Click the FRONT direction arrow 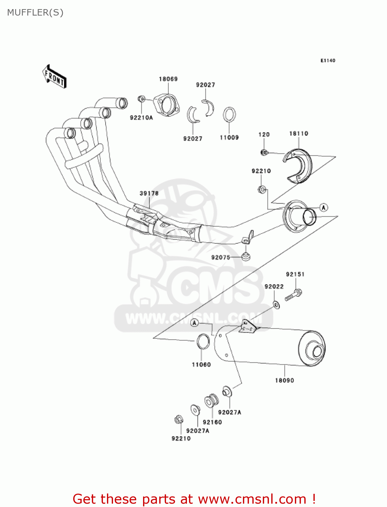click(x=54, y=77)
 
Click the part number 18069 click(x=168, y=79)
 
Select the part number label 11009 click(x=229, y=138)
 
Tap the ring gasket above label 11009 click(x=229, y=114)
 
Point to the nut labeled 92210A click(x=141, y=99)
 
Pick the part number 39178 click(x=149, y=193)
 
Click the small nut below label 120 click(x=264, y=152)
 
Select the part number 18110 click(x=299, y=134)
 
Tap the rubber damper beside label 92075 click(x=246, y=257)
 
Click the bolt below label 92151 click(x=293, y=295)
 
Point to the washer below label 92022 click(x=276, y=305)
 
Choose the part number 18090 click(x=284, y=380)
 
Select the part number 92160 click(x=212, y=422)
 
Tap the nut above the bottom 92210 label click(x=179, y=420)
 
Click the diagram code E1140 click(x=328, y=61)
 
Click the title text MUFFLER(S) click(x=35, y=13)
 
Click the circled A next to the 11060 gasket click(x=194, y=323)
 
